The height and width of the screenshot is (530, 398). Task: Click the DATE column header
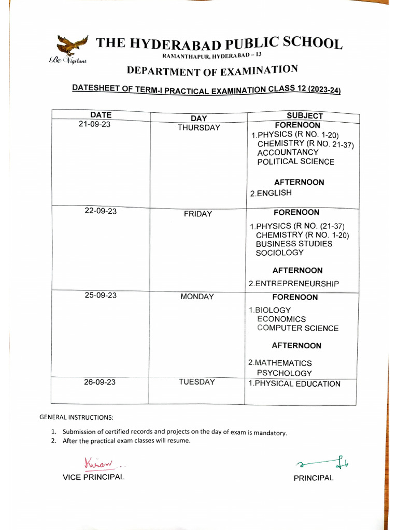101,114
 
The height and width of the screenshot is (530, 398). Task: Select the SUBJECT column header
305,116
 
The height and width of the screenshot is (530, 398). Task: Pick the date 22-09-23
101,211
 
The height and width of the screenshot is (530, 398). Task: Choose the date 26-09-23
99,382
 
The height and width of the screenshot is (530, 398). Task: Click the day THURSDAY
198,128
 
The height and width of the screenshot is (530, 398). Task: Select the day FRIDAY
197,214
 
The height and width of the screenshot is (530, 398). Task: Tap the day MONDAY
197,297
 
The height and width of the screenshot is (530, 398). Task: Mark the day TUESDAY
196,382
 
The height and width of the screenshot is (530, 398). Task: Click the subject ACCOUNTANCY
288,153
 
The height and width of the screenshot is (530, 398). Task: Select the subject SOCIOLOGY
279,253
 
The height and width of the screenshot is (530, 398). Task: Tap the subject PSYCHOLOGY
284,373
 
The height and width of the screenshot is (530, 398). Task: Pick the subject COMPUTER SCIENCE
297,328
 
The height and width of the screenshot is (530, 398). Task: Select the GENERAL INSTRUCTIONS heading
76,417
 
